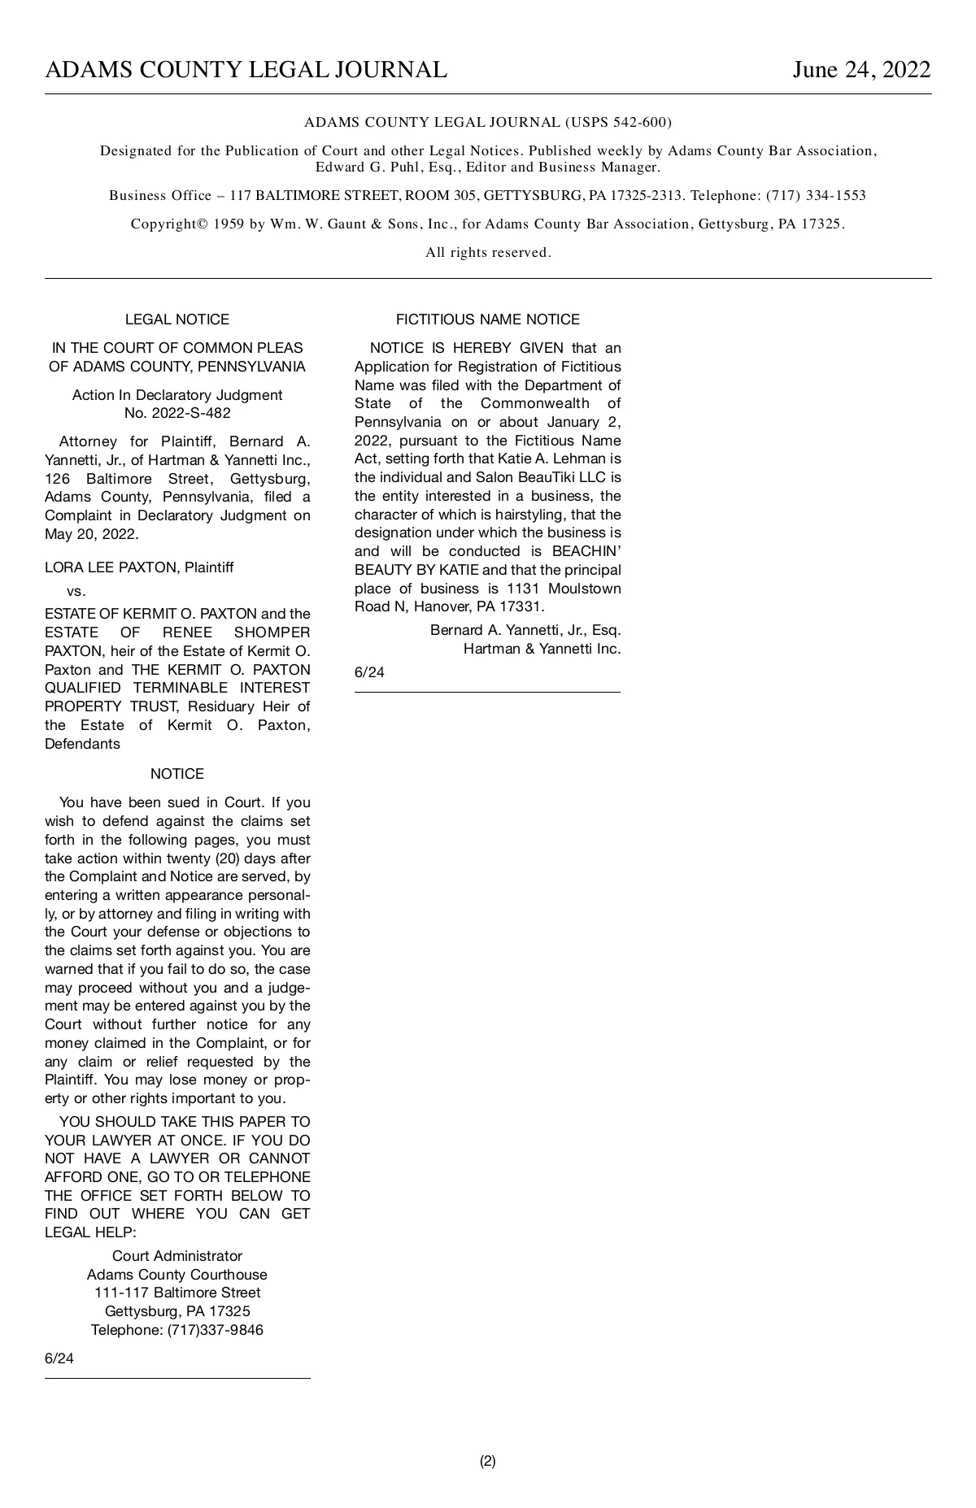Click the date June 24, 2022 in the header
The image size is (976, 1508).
coord(861,70)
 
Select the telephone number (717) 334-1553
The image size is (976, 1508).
coord(816,196)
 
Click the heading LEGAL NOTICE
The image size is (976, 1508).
coord(177,319)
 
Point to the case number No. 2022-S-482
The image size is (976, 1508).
coord(177,413)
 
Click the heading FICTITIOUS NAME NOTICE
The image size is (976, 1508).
coord(487,319)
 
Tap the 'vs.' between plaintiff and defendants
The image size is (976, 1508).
coord(76,590)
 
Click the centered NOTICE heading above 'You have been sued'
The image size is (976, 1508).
coord(177,774)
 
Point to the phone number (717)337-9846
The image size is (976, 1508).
coord(216,1330)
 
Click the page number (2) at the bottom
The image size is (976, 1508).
coord(487,1461)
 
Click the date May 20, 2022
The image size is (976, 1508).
coord(91,534)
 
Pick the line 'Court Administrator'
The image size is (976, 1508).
coord(177,1256)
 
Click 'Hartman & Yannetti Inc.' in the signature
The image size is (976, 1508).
coord(542,649)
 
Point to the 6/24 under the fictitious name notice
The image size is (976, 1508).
coord(369,672)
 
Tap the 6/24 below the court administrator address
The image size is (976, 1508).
coord(59,1358)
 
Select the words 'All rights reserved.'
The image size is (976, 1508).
coord(488,253)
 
